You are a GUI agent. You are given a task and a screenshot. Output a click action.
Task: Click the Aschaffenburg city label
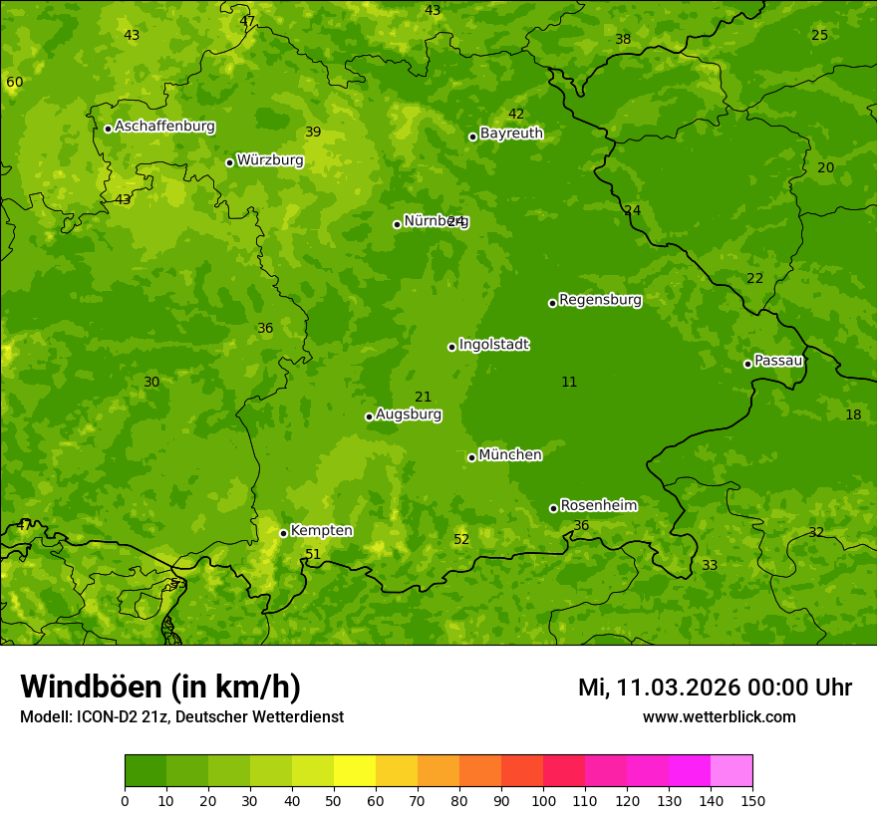coord(164,127)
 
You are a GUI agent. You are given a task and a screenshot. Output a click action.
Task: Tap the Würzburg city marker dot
coord(229,162)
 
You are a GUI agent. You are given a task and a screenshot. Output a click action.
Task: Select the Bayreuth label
coord(511,134)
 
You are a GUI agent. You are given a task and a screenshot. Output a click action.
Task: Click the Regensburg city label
coord(600,300)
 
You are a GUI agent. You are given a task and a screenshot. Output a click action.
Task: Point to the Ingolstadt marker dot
coord(451,347)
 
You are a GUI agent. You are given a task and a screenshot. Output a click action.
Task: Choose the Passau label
coord(778,361)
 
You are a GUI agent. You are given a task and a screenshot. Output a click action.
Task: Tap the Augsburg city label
coord(409,414)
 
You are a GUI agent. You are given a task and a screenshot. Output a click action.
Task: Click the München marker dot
coord(471,457)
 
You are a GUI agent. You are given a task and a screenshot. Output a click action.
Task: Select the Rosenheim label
coord(598,506)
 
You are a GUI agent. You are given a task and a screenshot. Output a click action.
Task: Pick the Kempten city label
coord(321,531)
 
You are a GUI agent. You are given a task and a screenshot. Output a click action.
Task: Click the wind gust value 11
coord(569,382)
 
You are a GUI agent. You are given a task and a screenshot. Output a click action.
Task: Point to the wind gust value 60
coord(14,82)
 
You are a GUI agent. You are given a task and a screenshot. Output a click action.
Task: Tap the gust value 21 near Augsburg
coord(424,398)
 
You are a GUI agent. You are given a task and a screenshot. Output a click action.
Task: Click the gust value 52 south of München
coord(461,540)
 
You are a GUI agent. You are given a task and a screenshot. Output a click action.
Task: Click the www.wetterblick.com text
coord(719,716)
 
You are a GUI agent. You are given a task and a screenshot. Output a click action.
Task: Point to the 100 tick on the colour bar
coord(543,799)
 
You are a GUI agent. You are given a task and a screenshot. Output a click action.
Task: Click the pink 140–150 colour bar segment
coord(731,771)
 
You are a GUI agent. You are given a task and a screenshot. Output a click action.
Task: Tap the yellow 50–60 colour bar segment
coord(355,771)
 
